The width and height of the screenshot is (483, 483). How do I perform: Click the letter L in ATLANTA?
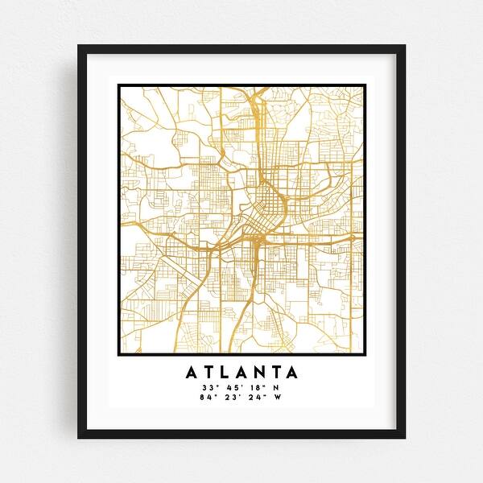225,373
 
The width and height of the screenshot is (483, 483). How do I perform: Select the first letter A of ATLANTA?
192,373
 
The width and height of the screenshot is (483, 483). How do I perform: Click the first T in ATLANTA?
209,373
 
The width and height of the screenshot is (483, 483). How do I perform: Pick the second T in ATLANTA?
275,373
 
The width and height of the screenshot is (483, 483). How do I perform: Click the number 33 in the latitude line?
208,387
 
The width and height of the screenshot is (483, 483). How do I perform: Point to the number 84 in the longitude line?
208,396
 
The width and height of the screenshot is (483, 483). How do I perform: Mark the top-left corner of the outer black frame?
78,45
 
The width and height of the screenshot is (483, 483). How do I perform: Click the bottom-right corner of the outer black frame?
405,438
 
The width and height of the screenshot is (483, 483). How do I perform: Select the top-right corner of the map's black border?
364,84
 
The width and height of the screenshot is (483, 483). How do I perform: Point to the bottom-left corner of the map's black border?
118,355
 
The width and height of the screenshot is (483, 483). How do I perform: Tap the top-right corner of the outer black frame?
405,45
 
